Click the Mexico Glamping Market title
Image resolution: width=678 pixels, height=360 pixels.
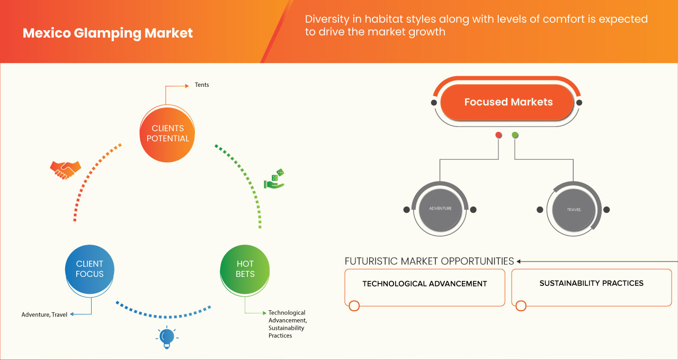point(108,33)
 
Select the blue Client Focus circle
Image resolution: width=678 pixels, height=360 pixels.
point(90,268)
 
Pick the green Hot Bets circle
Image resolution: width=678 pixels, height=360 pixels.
point(245,268)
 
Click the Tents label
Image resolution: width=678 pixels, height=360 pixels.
point(202,85)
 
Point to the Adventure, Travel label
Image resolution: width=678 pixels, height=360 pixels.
point(44,314)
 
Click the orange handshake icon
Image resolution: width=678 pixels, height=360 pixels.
point(65,169)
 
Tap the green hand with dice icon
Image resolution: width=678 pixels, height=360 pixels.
point(274,179)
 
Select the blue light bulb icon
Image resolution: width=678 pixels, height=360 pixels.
point(167,337)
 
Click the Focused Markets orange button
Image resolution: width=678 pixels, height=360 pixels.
point(508,102)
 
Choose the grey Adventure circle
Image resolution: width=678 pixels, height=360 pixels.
point(440,209)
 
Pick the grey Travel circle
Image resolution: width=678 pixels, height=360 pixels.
point(574,209)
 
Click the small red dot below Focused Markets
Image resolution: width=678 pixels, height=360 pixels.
point(498,135)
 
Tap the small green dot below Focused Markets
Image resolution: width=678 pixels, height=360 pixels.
point(515,135)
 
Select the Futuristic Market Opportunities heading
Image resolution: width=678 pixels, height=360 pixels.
point(429,261)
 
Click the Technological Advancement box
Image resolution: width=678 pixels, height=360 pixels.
point(424,287)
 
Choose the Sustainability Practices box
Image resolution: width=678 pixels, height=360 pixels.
point(591,287)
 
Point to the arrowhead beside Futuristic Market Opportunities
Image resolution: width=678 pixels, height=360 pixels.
point(519,261)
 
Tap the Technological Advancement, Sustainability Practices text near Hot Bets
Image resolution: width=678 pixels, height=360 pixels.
point(287,324)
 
